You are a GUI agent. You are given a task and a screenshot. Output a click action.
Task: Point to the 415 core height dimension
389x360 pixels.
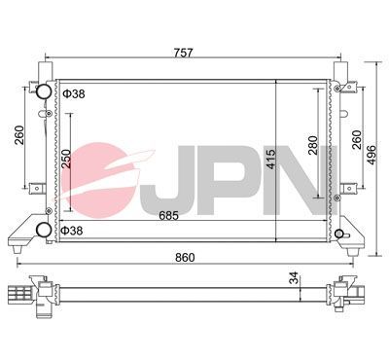(x=285, y=159)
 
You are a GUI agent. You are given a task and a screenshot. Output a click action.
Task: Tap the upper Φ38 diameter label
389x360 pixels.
(x=72, y=94)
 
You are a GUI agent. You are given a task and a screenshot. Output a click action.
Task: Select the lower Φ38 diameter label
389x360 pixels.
(x=72, y=231)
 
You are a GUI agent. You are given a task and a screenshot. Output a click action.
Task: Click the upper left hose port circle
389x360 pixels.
(x=44, y=93)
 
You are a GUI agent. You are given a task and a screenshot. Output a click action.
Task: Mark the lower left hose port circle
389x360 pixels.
(x=44, y=230)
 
